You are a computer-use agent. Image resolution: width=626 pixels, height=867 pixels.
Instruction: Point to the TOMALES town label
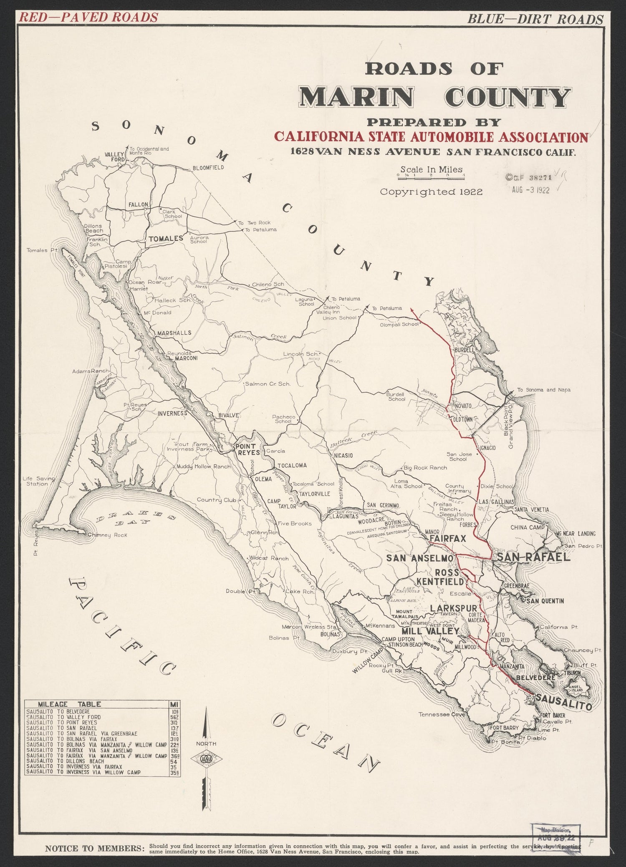pos(164,238)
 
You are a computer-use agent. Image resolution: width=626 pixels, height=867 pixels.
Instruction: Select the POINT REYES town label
pos(246,449)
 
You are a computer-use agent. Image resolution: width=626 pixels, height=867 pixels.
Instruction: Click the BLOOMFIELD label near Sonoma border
pos(208,168)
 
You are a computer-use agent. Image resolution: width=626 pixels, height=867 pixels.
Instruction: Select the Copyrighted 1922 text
pos(431,192)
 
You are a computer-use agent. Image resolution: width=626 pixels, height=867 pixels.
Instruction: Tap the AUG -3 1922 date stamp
pos(530,189)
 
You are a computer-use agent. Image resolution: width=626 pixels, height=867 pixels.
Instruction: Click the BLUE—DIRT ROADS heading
pos(535,18)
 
